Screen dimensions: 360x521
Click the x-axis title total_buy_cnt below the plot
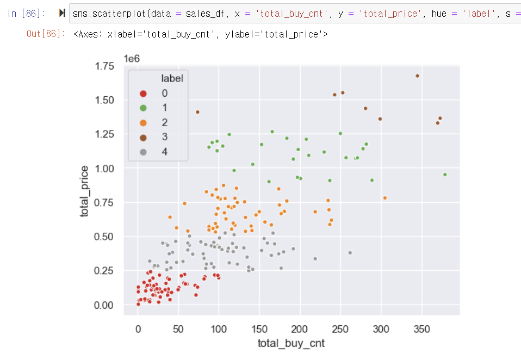(291, 344)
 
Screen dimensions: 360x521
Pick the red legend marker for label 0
(143, 94)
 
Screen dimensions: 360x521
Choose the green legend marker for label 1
(143, 108)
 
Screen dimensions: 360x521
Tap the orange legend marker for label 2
(143, 122)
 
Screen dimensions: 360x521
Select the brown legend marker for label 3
(143, 137)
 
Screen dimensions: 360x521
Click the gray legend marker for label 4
(143, 152)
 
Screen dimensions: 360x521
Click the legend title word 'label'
(172, 78)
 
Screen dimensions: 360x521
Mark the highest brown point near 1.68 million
(417, 76)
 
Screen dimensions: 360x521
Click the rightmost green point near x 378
(445, 175)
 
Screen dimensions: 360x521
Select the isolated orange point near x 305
(385, 198)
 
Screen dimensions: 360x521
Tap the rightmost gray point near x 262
(350, 253)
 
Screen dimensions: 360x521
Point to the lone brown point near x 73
(197, 112)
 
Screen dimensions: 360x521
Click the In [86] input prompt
(27, 13)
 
